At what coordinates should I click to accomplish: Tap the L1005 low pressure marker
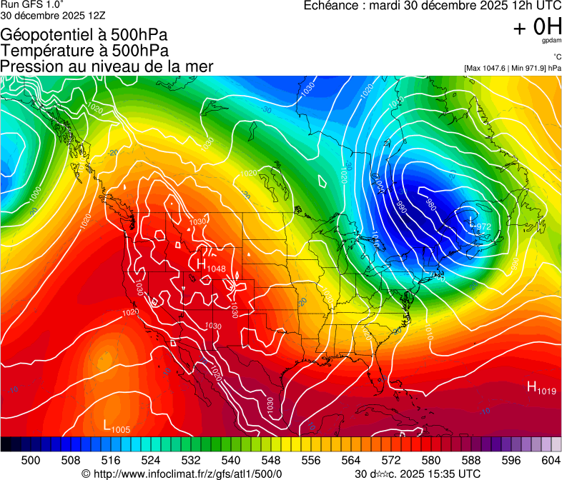pyautogui.click(x=117, y=427)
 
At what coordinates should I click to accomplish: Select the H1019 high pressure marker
pyautogui.click(x=541, y=388)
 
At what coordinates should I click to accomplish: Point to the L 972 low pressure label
pyautogui.click(x=480, y=225)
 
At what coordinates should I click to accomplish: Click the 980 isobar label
pyautogui.click(x=430, y=204)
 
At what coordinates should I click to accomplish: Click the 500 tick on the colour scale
pyautogui.click(x=31, y=461)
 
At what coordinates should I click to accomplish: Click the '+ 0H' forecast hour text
pyautogui.click(x=537, y=27)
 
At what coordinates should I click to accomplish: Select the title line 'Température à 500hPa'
pyautogui.click(x=84, y=51)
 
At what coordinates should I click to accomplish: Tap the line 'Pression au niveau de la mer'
pyautogui.click(x=107, y=66)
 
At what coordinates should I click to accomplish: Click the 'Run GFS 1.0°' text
pyautogui.click(x=32, y=5)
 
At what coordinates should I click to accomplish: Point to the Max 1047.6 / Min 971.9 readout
pyautogui.click(x=512, y=68)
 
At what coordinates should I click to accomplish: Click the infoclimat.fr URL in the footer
pyautogui.click(x=182, y=474)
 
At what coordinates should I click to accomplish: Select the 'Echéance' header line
pyautogui.click(x=433, y=6)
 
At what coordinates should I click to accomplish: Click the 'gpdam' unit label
pyautogui.click(x=551, y=41)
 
